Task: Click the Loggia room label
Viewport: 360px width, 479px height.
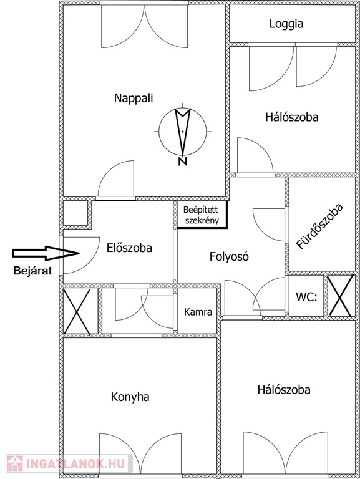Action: (x=286, y=24)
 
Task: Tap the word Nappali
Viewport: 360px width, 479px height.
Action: (x=134, y=99)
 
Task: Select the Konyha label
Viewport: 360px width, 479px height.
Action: (x=130, y=397)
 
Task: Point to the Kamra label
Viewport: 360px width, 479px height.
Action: (x=198, y=312)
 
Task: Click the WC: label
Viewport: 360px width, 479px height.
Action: (x=306, y=297)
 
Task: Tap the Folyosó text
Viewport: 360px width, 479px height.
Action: (x=229, y=256)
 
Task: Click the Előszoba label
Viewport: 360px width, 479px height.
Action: (x=129, y=248)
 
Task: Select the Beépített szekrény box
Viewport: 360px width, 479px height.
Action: (x=202, y=215)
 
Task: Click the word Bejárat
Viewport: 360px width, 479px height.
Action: (x=32, y=271)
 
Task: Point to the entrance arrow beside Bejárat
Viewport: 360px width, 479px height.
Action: (x=46, y=253)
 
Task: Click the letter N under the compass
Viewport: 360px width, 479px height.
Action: (x=182, y=162)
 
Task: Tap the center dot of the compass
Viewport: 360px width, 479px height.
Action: (x=182, y=132)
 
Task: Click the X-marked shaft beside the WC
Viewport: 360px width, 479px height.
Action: (x=341, y=296)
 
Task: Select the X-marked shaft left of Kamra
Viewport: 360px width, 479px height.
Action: (x=77, y=312)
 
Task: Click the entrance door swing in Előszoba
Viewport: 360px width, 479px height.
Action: (x=81, y=255)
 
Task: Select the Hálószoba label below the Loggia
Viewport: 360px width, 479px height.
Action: (x=292, y=117)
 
